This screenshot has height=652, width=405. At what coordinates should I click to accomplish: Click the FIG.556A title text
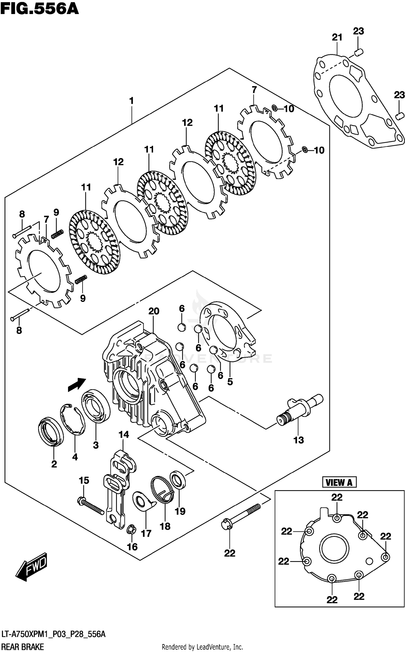pyautogui.click(x=39, y=9)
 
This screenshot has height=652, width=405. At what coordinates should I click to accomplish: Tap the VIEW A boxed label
pyautogui.click(x=339, y=482)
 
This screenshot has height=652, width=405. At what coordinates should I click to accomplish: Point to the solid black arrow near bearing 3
pyautogui.click(x=77, y=384)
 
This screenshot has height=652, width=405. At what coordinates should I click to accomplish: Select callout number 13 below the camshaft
pyautogui.click(x=298, y=440)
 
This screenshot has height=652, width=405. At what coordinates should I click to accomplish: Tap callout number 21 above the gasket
pyautogui.click(x=337, y=37)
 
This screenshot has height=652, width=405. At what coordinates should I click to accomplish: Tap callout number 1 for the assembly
pyautogui.click(x=131, y=101)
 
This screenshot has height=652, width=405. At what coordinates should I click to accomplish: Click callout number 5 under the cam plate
pyautogui.click(x=230, y=382)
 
